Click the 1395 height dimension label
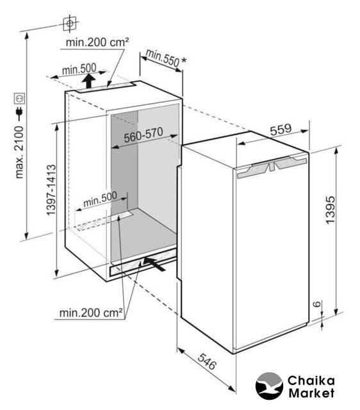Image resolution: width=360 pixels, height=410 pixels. [330, 209]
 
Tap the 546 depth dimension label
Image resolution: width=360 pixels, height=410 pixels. [207, 361]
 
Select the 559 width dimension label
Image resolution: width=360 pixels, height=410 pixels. [281, 129]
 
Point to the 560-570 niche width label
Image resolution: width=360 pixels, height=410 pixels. [143, 135]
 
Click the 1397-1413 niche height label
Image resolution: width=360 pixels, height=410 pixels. [51, 190]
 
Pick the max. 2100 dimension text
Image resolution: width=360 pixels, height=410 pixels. [19, 152]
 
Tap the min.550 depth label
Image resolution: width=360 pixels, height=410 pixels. [163, 58]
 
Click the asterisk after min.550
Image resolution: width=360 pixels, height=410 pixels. [184, 60]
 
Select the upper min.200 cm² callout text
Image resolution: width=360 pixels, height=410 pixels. [97, 42]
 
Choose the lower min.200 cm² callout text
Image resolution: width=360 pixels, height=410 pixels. [91, 313]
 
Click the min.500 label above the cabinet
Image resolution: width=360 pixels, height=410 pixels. [79, 69]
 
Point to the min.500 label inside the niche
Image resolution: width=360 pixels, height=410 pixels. [100, 199]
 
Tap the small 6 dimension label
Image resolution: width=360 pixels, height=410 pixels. [316, 304]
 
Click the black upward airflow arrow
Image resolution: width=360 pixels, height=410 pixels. [89, 81]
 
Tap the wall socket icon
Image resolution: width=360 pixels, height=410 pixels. [19, 99]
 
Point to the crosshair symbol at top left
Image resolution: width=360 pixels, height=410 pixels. [70, 24]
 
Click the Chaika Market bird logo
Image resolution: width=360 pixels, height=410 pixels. [269, 386]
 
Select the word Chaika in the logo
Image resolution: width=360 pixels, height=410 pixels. [311, 381]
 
